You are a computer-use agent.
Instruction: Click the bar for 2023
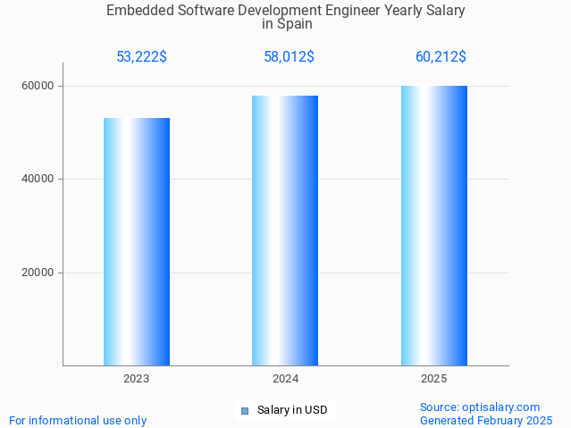[x=137, y=241]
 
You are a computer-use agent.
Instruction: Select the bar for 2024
[x=285, y=231]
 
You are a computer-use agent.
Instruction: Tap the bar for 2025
[x=434, y=225]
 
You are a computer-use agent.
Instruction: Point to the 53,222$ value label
[x=141, y=57]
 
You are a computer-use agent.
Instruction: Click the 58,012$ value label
[x=289, y=57]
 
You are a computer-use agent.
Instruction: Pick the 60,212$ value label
[x=441, y=57]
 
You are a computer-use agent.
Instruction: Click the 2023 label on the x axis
[x=137, y=379]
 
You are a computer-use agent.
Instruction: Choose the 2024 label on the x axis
[x=285, y=379]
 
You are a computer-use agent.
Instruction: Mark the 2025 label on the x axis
[x=434, y=379]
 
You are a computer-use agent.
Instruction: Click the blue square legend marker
[x=244, y=411]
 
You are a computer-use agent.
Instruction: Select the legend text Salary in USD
[x=292, y=411]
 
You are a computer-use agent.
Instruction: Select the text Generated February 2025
[x=485, y=420]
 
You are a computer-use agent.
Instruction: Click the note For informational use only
[x=78, y=420]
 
